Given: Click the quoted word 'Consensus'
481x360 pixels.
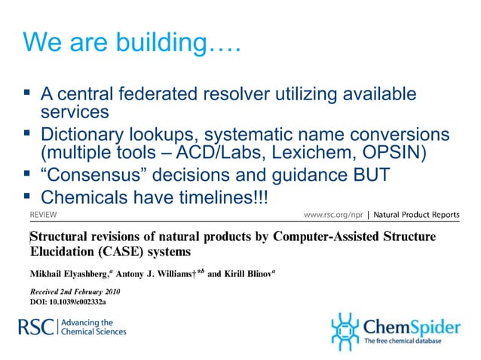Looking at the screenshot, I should click(98, 176).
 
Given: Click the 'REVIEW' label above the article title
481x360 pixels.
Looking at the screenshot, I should click(42, 215).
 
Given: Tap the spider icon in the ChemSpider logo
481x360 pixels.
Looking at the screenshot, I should click(345, 330).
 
